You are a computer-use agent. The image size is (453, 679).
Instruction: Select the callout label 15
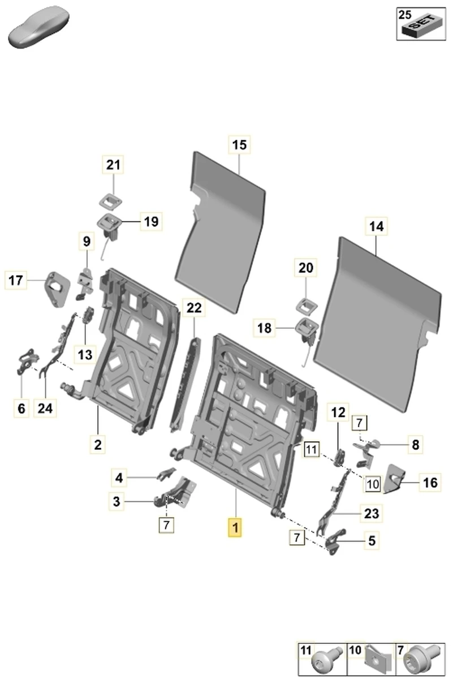click(239, 145)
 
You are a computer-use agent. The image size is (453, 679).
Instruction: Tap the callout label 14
click(376, 226)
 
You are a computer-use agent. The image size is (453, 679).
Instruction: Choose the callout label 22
click(193, 308)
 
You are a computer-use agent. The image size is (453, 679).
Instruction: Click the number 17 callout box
click(16, 280)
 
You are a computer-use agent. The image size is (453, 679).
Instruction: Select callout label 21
click(113, 165)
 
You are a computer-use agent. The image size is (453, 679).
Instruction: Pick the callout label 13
click(85, 355)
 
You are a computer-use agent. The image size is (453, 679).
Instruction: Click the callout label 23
click(371, 514)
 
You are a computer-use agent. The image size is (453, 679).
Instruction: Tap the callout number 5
click(371, 540)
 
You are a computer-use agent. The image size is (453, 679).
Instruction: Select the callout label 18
click(265, 328)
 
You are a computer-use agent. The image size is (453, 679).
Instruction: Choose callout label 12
click(338, 413)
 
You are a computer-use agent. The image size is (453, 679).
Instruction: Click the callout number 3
click(116, 501)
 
